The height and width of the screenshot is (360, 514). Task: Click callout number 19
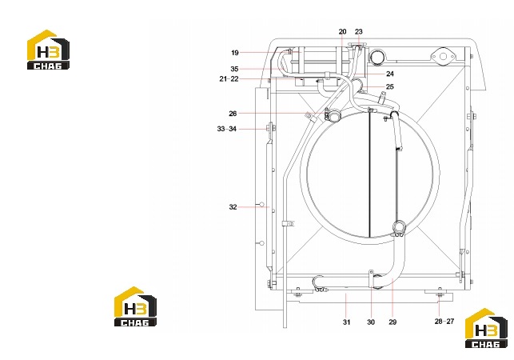click(235, 53)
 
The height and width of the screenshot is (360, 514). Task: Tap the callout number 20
click(342, 31)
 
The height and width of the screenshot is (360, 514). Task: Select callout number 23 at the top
click(359, 31)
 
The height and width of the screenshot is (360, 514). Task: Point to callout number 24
click(389, 74)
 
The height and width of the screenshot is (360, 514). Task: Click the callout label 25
click(389, 87)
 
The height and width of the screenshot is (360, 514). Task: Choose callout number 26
click(233, 114)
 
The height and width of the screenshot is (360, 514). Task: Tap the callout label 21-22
click(229, 78)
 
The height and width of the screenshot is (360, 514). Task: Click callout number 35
click(234, 69)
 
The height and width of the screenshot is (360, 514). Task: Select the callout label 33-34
click(226, 129)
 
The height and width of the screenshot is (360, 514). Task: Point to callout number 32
click(233, 207)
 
